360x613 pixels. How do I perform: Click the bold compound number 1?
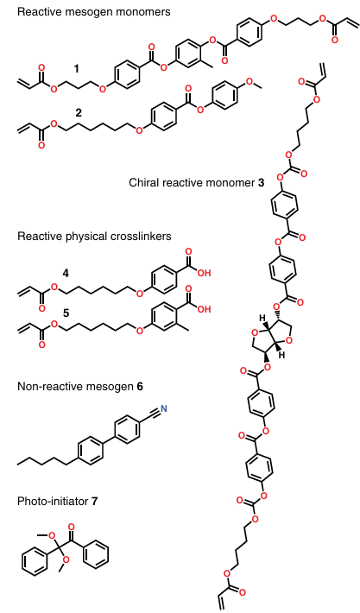click(x=76, y=69)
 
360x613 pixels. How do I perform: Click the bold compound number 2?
click(x=79, y=113)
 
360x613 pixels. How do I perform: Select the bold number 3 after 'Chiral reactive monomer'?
click(x=261, y=182)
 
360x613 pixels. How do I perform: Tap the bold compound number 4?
click(x=66, y=274)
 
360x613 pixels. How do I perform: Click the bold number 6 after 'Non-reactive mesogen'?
click(x=140, y=387)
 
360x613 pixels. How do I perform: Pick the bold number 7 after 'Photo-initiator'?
click(x=94, y=501)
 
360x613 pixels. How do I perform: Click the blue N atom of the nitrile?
click(x=164, y=409)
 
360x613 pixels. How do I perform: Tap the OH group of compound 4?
click(x=204, y=273)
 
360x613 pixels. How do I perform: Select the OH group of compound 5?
click(x=204, y=309)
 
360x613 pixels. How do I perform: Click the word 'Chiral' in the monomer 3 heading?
click(x=141, y=182)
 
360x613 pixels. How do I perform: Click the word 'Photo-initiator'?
click(x=53, y=501)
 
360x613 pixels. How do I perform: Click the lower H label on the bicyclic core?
click(x=281, y=356)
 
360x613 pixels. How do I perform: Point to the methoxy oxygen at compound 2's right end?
click(x=249, y=81)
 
